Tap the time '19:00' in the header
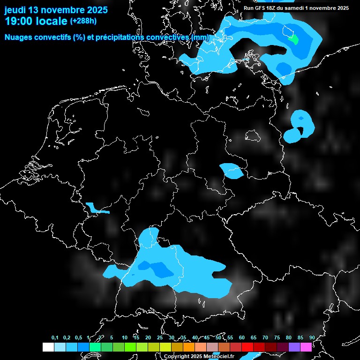[x=19, y=21]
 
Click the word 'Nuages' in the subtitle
[x=19, y=37]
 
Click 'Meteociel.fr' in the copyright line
[x=218, y=357]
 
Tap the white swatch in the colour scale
[x=48, y=347]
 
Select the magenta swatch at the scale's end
[x=306, y=347]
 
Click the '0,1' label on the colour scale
[x=55, y=338]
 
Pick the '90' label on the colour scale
[x=312, y=338]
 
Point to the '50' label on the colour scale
[x=218, y=338]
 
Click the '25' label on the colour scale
[x=160, y=338]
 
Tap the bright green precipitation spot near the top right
[x=293, y=39]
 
